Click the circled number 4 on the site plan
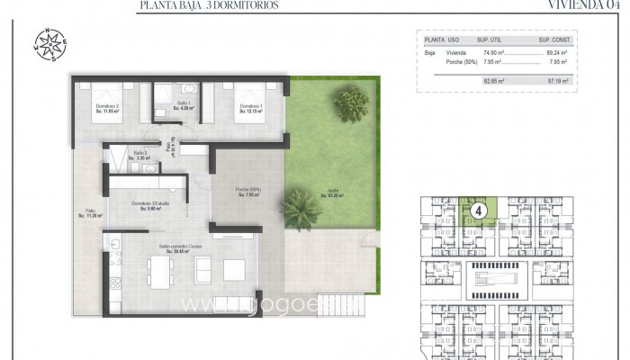point(480,211)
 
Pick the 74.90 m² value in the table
point(493,54)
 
